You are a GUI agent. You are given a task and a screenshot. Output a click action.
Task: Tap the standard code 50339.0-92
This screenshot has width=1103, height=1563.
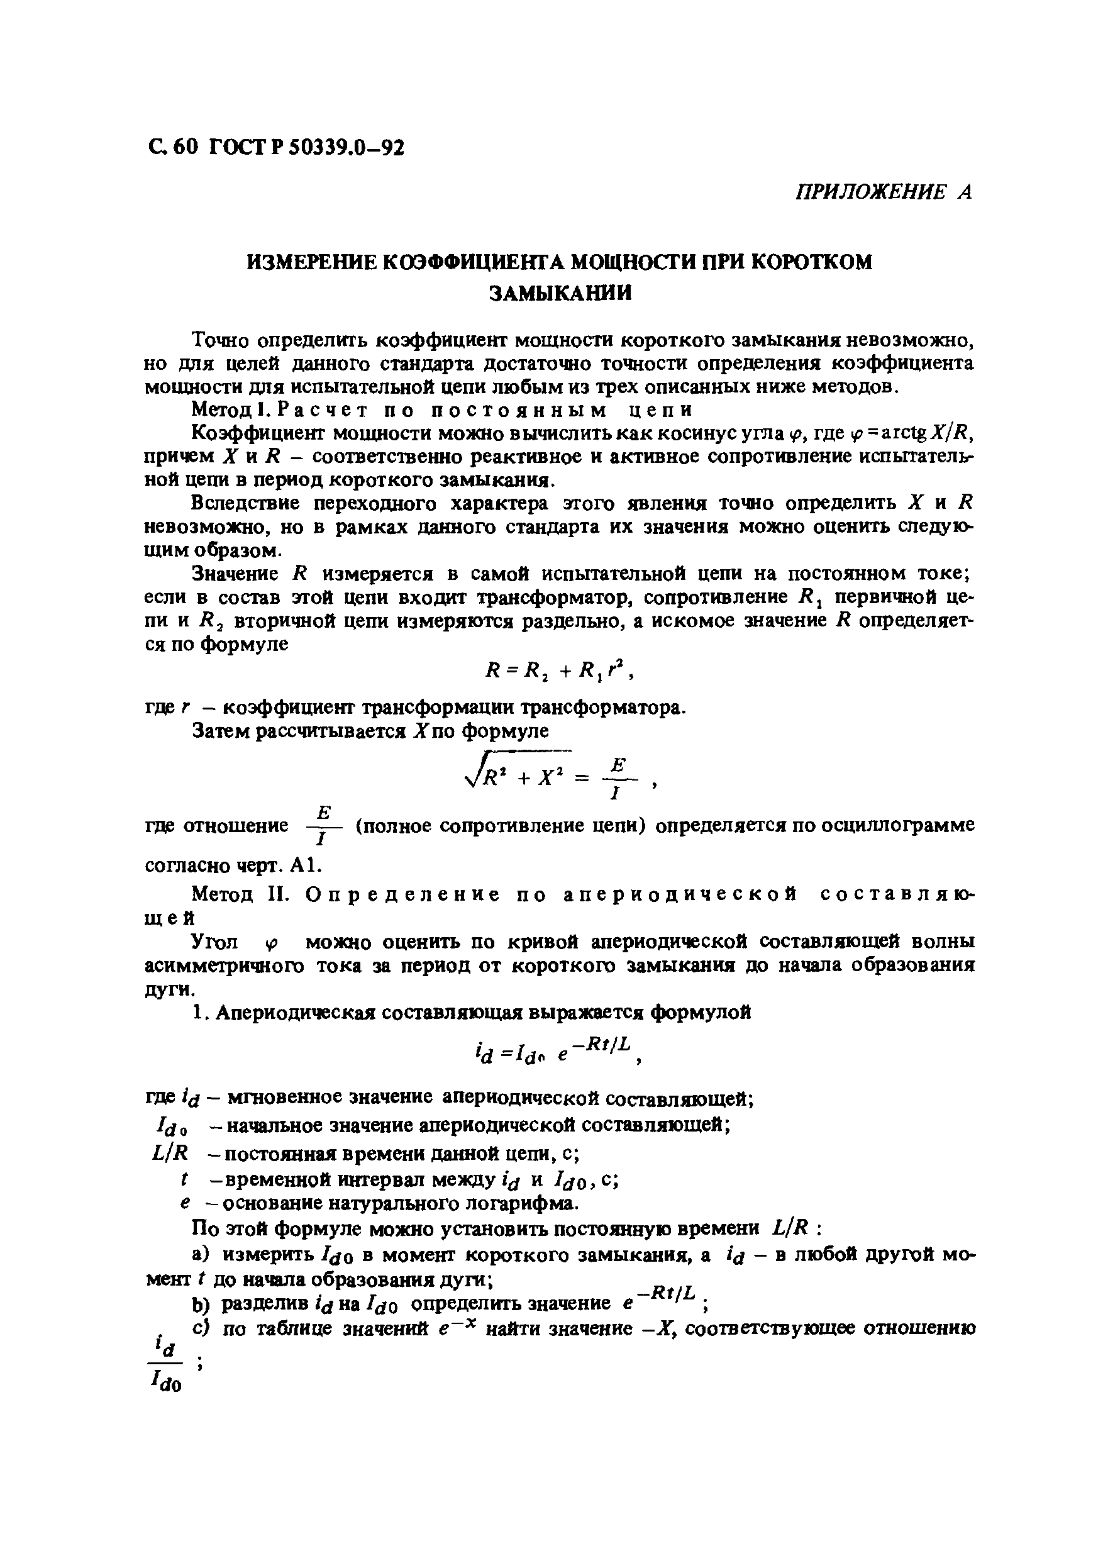point(346,147)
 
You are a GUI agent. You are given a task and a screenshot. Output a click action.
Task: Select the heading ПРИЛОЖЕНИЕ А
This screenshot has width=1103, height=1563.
point(883,192)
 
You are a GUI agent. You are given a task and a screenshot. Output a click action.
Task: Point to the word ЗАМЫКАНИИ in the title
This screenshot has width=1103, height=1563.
point(561,292)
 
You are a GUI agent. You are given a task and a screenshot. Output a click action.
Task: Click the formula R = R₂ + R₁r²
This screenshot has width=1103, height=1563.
point(559,670)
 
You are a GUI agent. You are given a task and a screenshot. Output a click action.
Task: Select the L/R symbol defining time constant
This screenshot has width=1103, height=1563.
point(172,1152)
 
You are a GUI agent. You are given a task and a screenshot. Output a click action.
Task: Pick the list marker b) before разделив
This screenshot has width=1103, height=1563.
point(202,1304)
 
